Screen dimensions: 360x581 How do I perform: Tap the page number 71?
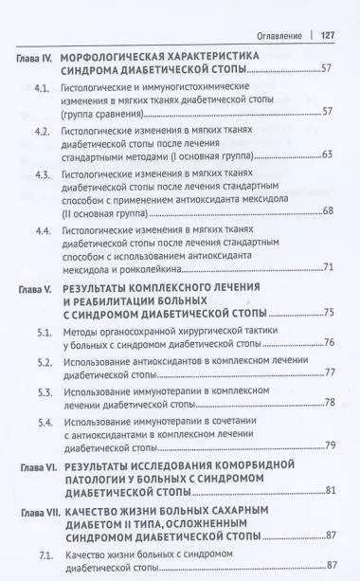point(328,268)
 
